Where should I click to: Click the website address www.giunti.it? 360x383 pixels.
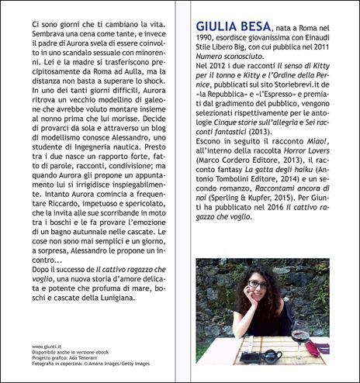point(48,347)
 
